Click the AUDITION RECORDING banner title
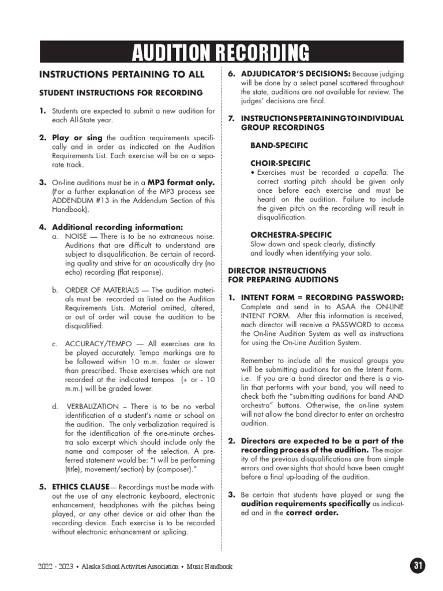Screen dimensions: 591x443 point(220,53)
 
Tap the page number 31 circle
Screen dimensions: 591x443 point(417,566)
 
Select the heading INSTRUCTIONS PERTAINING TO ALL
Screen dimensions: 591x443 point(121,74)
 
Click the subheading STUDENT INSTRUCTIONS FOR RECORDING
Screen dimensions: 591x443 point(121,92)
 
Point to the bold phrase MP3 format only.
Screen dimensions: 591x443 point(181,182)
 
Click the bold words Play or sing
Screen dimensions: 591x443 point(77,138)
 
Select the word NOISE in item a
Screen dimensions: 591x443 point(76,237)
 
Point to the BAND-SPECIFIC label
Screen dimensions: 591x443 point(279,145)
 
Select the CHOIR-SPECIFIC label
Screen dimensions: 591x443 point(280,163)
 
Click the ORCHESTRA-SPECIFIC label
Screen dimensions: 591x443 point(291,235)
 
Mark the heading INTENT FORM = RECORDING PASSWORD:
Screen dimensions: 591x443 point(314,298)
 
